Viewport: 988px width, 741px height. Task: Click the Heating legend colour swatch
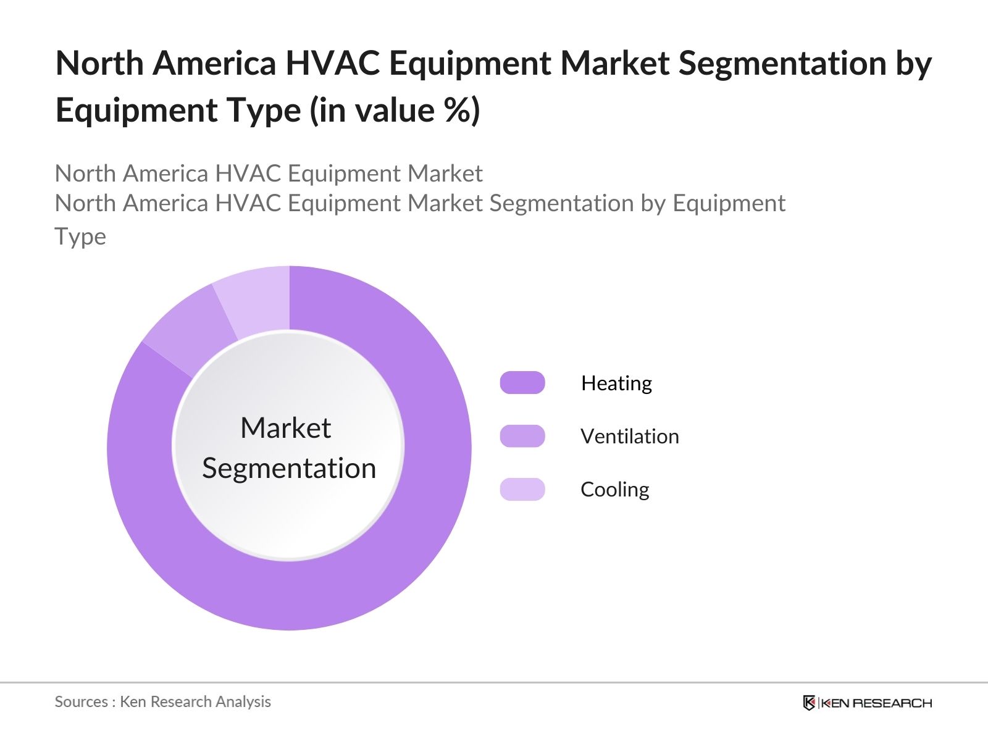coord(522,382)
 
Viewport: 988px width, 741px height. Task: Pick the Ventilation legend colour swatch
coord(522,435)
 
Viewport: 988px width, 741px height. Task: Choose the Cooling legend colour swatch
coord(522,489)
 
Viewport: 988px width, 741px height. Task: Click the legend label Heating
coord(616,383)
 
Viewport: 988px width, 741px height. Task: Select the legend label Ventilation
coord(630,436)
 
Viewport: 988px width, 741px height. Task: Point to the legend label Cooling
coord(615,490)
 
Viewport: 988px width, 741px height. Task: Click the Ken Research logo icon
coord(809,702)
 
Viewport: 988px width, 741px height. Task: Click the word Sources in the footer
coord(81,701)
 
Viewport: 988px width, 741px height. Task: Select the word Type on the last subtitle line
coord(80,237)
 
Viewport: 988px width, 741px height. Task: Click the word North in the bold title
coord(99,63)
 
